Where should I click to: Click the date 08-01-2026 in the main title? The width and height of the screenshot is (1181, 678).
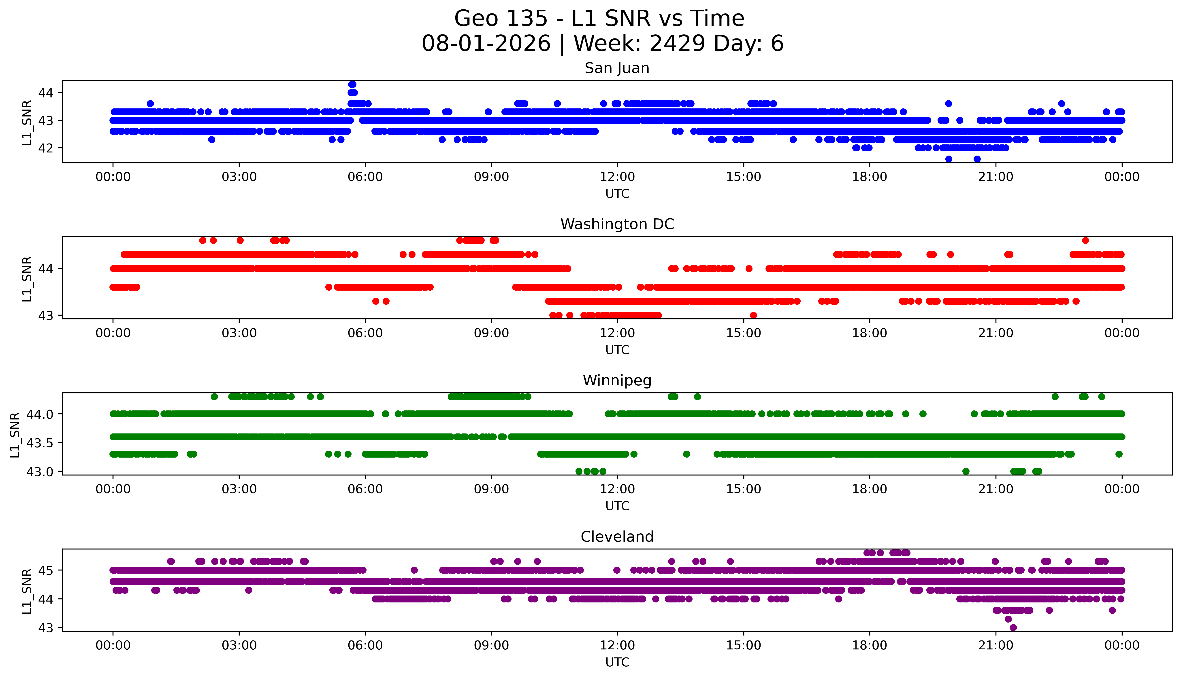486,44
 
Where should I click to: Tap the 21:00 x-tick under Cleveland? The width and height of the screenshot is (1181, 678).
996,645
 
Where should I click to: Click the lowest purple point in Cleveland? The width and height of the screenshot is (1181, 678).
1013,627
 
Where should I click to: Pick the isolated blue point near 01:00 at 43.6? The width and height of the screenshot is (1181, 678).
150,103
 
